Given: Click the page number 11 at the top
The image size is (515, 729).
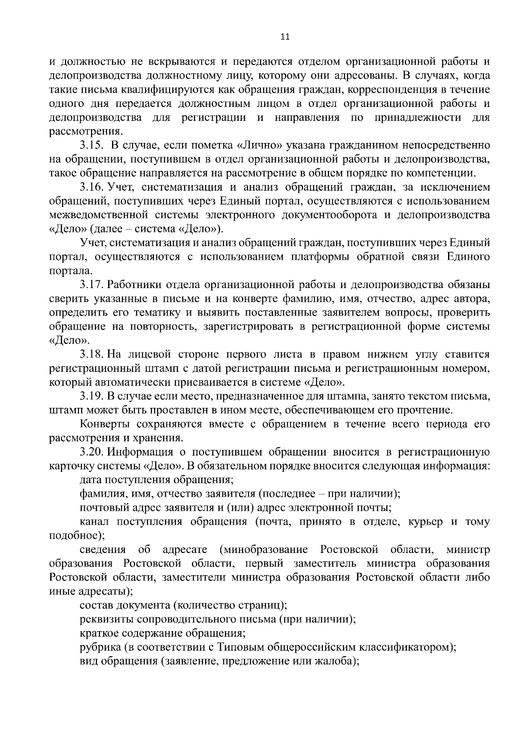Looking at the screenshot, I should pyautogui.click(x=285, y=37).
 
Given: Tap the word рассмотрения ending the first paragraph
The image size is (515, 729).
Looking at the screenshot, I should pyautogui.click(x=86, y=131).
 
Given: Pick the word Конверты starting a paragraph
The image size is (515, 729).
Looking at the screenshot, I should pyautogui.click(x=105, y=424).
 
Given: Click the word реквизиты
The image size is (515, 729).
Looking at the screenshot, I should pyautogui.click(x=106, y=619).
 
